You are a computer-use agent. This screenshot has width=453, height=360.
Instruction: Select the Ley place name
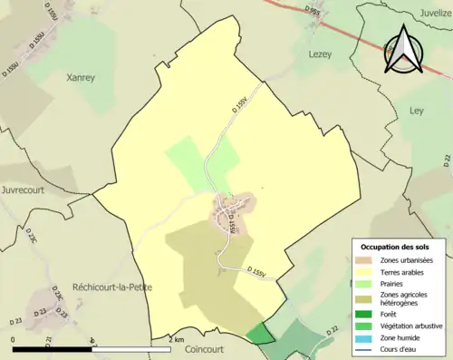(x=417, y=109)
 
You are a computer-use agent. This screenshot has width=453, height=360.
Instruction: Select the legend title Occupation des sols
(x=397, y=247)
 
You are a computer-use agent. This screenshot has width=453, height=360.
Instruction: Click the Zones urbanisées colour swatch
(x=367, y=260)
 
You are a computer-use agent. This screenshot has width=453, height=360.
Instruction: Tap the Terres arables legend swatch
(x=367, y=271)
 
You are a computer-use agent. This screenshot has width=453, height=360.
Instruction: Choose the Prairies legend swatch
(x=367, y=282)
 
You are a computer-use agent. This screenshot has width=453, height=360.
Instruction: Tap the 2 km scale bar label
(x=176, y=339)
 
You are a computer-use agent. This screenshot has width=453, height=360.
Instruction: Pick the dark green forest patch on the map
(x=260, y=333)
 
